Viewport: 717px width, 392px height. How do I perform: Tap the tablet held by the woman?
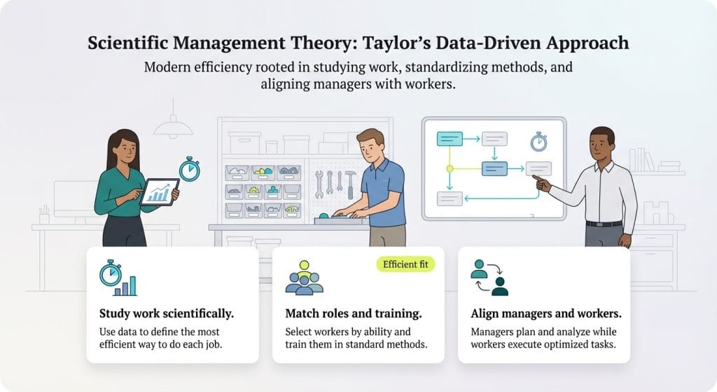pos(160,191)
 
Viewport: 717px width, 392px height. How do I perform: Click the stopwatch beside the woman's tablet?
pos(188,169)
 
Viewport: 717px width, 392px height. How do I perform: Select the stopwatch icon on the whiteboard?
pos(538,141)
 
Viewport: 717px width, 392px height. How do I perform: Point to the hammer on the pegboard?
pos(350,183)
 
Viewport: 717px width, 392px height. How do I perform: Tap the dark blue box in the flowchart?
pos(494,168)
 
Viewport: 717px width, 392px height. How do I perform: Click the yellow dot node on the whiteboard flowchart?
pos(450,169)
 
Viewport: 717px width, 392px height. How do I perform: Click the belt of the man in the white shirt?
pos(604,224)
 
